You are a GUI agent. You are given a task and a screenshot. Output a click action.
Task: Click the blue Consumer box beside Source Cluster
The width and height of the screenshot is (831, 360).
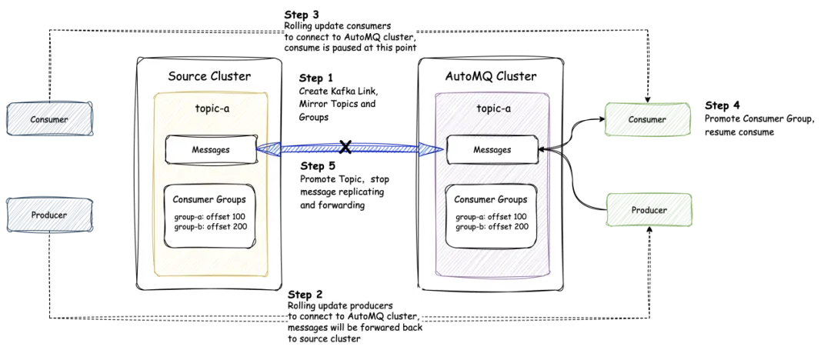50,119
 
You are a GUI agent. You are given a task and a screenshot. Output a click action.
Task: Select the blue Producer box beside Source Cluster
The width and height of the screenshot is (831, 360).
50,215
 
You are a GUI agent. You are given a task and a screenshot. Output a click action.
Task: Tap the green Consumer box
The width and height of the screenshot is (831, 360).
647,119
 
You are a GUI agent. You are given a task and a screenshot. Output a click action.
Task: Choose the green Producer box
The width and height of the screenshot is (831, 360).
648,210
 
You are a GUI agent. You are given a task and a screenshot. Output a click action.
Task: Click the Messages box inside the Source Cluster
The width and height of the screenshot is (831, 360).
210,149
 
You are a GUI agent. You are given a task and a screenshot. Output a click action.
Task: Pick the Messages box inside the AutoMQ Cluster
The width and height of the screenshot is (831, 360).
492,149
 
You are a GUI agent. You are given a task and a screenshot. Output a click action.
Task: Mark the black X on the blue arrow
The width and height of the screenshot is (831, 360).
345,146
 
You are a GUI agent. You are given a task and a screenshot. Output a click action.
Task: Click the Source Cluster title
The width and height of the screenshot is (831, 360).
209,76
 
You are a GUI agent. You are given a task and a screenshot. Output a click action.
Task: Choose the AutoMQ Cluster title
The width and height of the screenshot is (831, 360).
490,76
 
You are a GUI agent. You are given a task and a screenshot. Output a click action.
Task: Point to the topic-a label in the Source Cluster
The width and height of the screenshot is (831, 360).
211,108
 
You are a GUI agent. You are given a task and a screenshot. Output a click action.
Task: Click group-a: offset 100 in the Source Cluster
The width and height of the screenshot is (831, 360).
209,216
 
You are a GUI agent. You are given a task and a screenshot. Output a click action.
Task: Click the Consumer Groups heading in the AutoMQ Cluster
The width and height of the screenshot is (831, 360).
491,200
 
